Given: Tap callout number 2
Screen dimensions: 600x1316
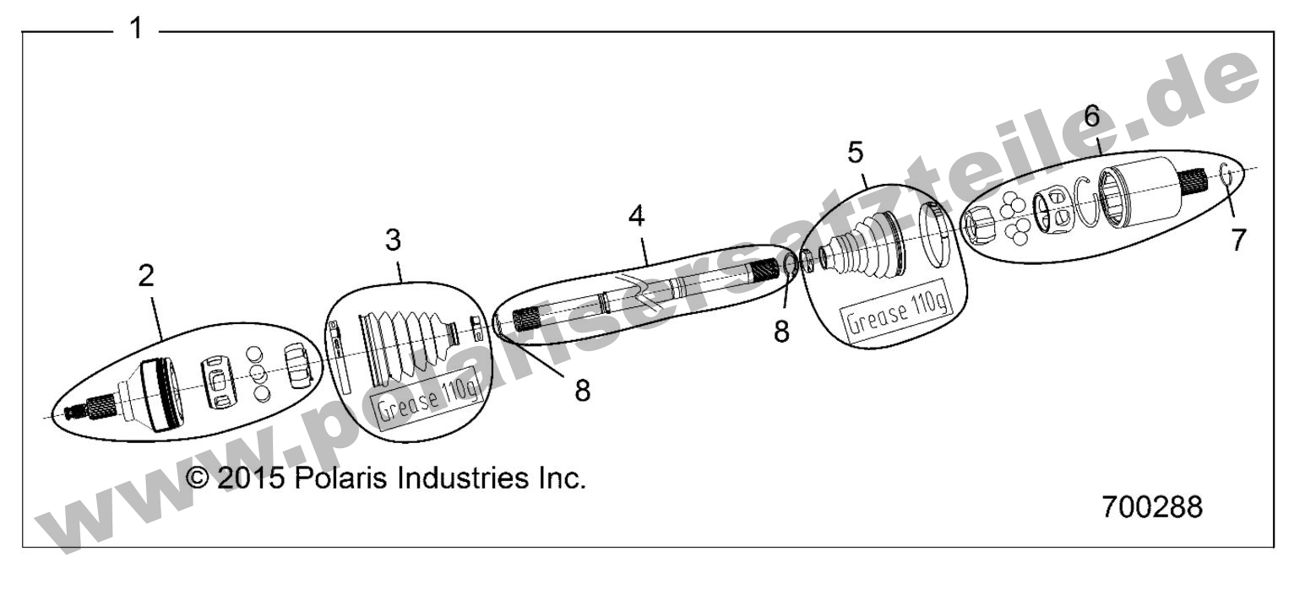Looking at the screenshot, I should [x=147, y=275].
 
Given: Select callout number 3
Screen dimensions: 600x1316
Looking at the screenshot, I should [x=393, y=241].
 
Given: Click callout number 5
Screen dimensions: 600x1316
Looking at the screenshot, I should [x=856, y=154].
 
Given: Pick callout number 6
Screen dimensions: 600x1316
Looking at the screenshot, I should [x=1092, y=116].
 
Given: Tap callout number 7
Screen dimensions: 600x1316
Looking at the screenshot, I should [x=1237, y=241].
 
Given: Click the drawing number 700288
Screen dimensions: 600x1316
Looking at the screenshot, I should [x=1152, y=508].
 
